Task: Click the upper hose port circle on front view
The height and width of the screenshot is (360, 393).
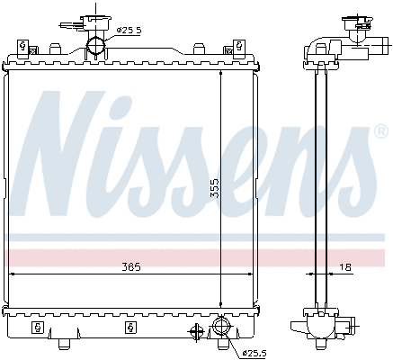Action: pos(96,46)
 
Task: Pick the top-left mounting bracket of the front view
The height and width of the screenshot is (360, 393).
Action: pos(23,48)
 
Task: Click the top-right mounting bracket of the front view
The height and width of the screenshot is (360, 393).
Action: pos(241,48)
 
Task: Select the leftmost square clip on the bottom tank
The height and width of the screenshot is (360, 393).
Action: pos(38,325)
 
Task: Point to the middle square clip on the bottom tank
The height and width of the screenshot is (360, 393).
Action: pos(131,325)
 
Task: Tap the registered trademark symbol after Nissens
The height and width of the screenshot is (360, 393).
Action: pos(380,131)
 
